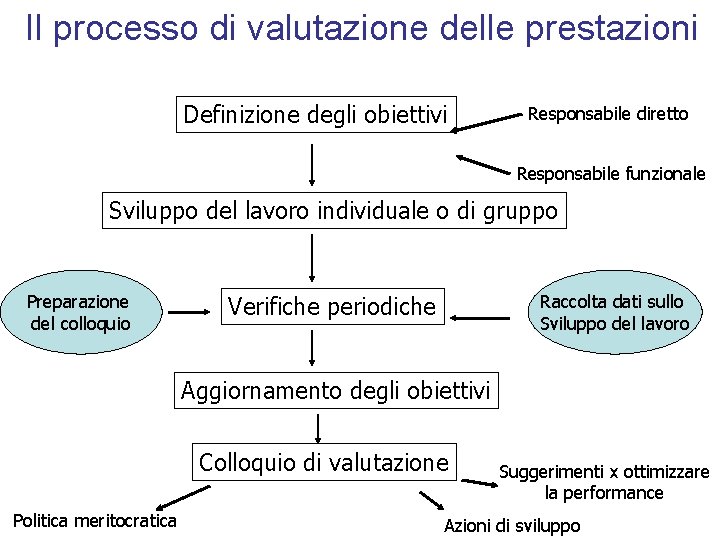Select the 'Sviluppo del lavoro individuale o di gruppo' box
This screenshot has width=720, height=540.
[333, 211]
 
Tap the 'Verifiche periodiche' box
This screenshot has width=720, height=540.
[332, 306]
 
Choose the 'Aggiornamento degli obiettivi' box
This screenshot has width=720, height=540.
[336, 391]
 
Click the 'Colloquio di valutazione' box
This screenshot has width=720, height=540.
[324, 462]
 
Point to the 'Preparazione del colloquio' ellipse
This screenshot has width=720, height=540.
[78, 312]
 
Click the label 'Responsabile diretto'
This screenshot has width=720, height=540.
[607, 114]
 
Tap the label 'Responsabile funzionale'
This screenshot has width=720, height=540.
[610, 174]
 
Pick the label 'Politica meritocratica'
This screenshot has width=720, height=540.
[94, 520]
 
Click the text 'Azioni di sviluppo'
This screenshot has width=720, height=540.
[511, 526]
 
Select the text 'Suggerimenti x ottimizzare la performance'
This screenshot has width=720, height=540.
[604, 482]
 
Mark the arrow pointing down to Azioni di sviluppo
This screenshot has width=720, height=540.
[431, 499]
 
